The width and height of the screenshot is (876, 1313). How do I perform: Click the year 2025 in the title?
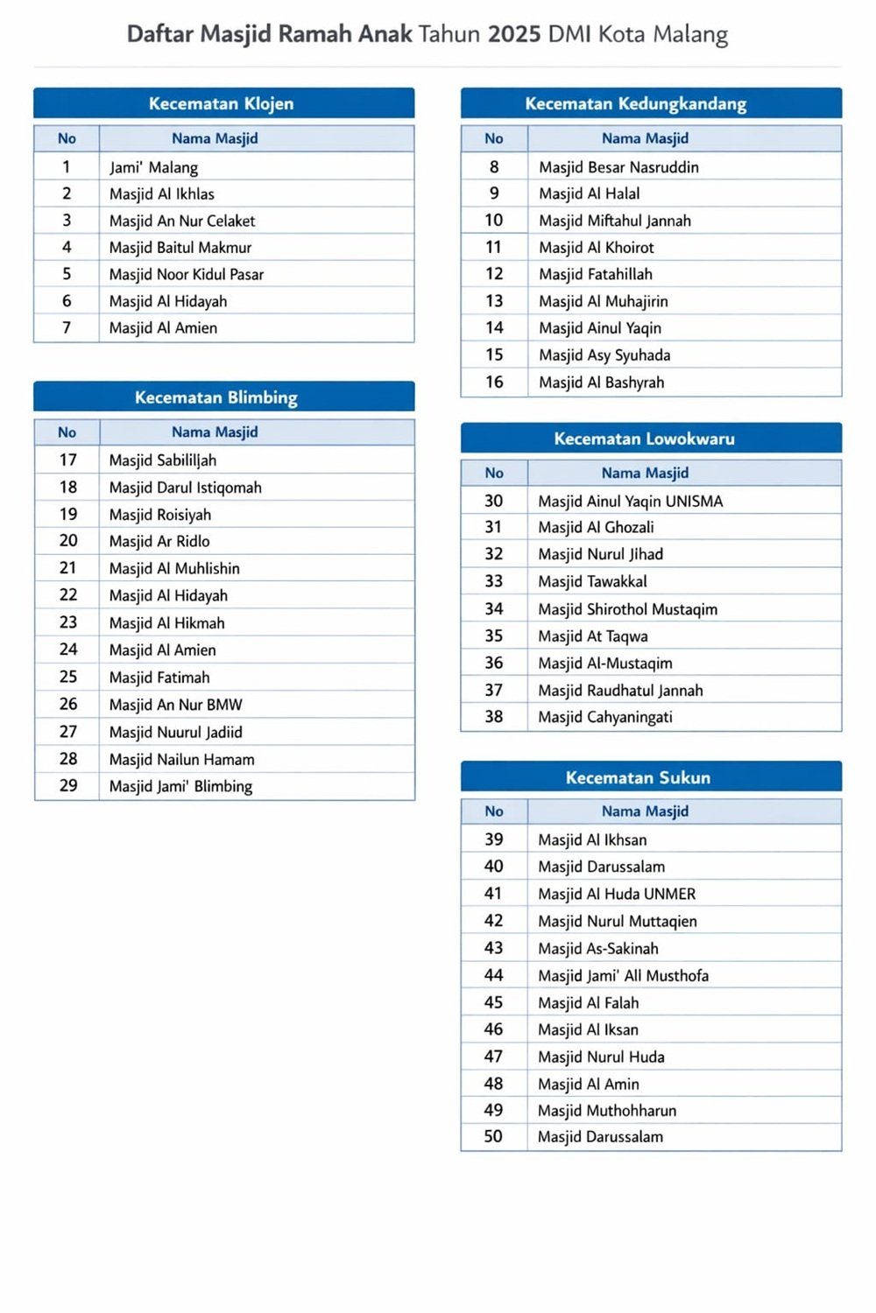pos(513,34)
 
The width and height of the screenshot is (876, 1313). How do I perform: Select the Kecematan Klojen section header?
pos(222,103)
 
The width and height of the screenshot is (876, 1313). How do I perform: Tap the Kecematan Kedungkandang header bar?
pos(636,103)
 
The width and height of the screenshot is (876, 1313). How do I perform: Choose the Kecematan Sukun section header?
pos(638,777)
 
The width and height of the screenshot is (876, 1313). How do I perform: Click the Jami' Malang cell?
pos(153,167)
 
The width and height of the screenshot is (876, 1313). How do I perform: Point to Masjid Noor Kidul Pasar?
pos(187,274)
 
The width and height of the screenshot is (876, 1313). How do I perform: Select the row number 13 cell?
pos(494,301)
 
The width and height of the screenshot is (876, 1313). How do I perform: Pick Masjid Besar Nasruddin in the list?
pos(618,167)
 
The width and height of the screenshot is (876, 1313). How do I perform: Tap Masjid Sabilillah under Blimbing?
pos(163,460)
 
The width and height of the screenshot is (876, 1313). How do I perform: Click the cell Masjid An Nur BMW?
pos(176,705)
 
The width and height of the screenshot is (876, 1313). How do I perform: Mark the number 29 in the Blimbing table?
pos(68,786)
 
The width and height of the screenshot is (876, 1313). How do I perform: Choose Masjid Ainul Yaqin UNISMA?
pos(631,502)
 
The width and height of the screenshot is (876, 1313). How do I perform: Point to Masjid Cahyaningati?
pos(605,717)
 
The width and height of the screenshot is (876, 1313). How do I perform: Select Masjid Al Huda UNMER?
pos(617,894)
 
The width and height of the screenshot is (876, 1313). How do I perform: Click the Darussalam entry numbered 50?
pos(600,1137)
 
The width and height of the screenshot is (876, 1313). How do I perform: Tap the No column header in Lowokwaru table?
pos(494,473)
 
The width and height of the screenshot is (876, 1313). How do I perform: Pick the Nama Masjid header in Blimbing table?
pos(215,432)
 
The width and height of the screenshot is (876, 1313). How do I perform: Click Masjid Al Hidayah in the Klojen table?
pos(168,301)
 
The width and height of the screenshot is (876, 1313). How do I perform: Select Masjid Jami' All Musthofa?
pos(623,975)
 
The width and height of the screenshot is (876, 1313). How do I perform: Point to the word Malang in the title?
pos(689,34)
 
